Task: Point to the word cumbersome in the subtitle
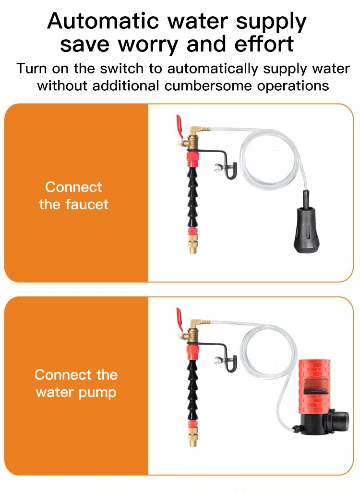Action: [208, 85]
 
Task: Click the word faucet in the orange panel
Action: [87, 204]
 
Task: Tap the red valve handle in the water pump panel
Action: [180, 318]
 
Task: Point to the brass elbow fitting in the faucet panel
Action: [197, 131]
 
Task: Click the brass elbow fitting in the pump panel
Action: [197, 324]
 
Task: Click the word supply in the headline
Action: [271, 23]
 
